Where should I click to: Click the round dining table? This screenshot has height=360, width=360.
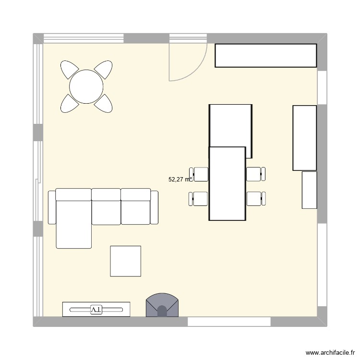click(x=86, y=87)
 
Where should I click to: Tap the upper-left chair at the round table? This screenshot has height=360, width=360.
click(x=69, y=70)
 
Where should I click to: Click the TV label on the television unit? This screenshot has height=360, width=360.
click(x=96, y=310)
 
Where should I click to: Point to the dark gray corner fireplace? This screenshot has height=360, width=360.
click(x=162, y=306)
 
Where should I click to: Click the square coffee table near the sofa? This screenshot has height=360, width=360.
click(x=125, y=261)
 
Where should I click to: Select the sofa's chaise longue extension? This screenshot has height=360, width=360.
click(x=73, y=226)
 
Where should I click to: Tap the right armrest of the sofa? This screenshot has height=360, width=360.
click(x=154, y=207)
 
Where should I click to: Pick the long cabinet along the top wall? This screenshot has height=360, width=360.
click(x=265, y=56)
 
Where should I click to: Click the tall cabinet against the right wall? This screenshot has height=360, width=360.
click(x=304, y=138)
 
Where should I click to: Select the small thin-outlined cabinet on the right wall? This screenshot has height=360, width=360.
click(x=309, y=190)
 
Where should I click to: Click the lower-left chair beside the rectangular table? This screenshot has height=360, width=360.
click(x=199, y=198)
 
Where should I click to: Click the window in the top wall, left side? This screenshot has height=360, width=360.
click(x=84, y=38)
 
